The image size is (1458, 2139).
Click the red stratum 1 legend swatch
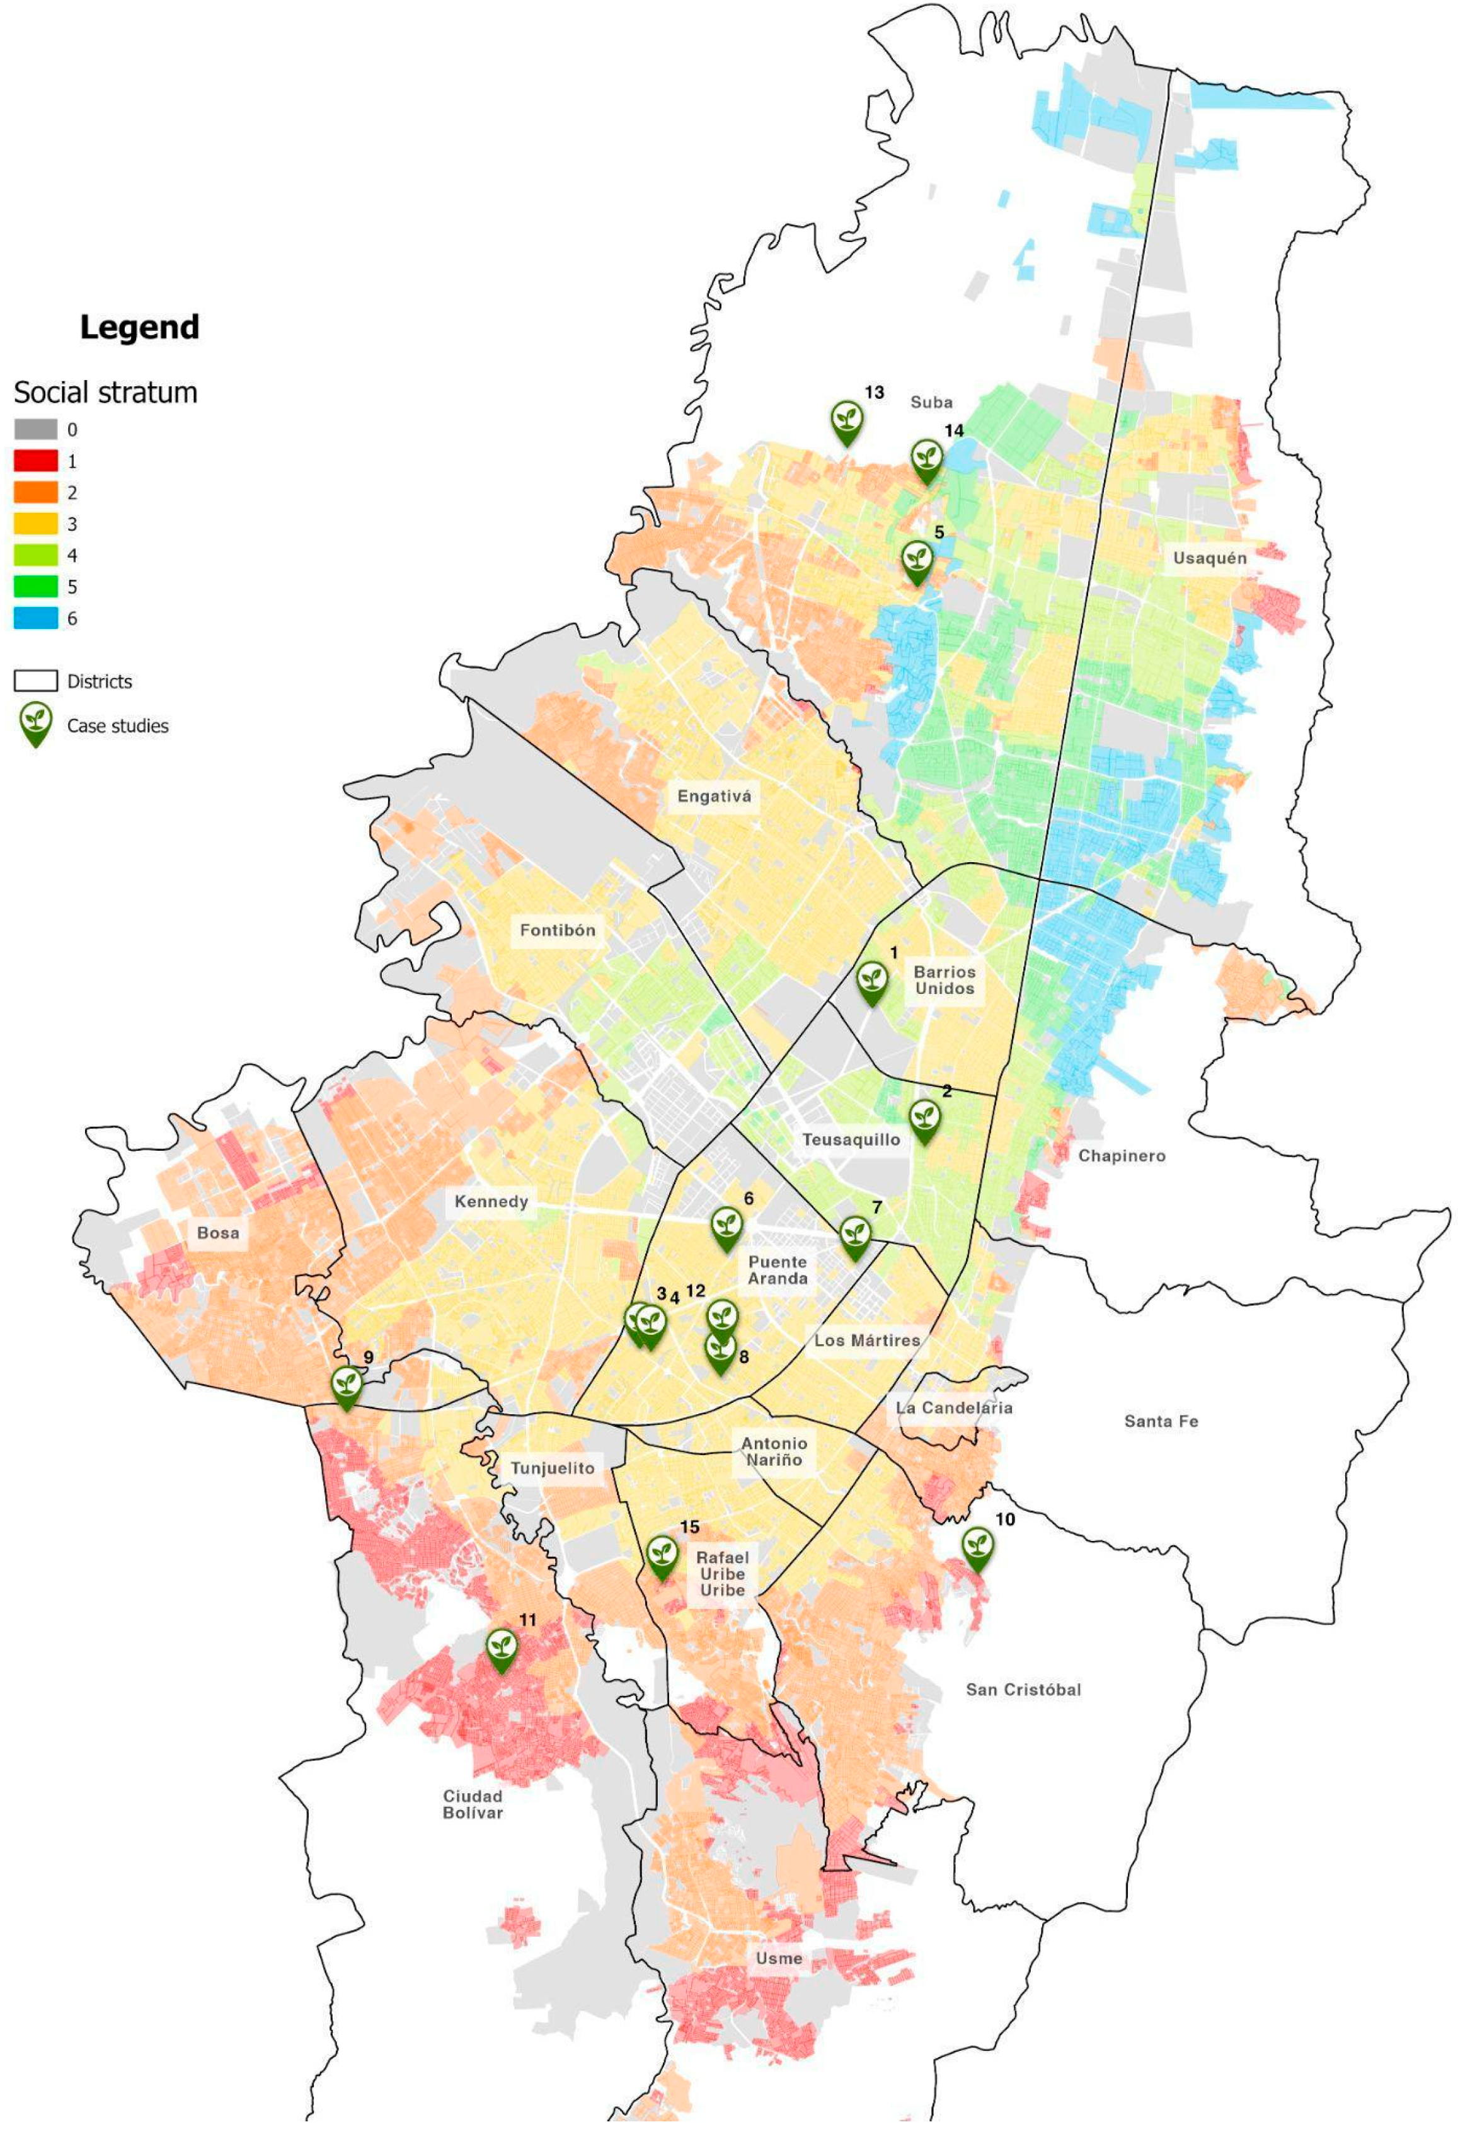click(36, 460)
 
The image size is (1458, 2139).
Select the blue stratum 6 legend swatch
click(36, 618)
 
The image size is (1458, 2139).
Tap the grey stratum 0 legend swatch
click(36, 429)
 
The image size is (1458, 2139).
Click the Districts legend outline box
click(36, 681)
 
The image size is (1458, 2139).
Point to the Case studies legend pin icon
click(36, 724)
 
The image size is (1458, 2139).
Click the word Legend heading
click(139, 326)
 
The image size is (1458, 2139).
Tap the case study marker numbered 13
click(847, 422)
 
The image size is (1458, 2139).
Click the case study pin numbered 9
click(347, 1386)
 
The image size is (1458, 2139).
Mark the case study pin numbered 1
click(871, 981)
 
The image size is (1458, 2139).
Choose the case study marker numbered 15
click(662, 1557)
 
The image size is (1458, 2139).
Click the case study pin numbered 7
click(855, 1236)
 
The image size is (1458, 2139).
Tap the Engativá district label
click(715, 796)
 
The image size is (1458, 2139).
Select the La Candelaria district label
click(953, 1407)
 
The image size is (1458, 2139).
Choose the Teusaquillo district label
click(851, 1139)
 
